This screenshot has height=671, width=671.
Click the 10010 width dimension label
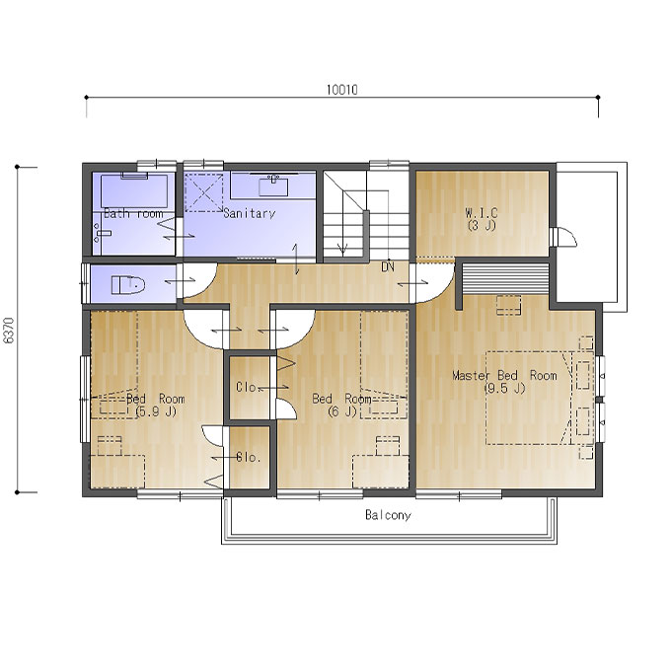[x=342, y=90]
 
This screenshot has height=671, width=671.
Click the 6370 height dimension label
[x=9, y=330]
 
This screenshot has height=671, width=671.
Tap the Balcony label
[x=388, y=515]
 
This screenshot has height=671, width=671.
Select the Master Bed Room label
[x=505, y=375]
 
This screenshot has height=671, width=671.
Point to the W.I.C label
[x=482, y=212]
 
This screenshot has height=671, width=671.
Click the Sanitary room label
[x=250, y=213]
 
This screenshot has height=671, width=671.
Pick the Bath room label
[x=133, y=213]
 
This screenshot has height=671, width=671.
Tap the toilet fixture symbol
[x=128, y=284]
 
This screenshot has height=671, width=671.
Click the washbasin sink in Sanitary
[x=273, y=186]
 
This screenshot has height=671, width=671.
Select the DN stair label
[x=388, y=267]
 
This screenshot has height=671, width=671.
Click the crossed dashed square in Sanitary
[x=203, y=192]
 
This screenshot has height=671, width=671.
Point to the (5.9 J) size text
[x=155, y=411]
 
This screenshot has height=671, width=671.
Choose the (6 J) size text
[x=342, y=411]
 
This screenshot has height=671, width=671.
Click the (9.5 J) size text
[x=505, y=388]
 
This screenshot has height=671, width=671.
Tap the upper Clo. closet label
[x=246, y=387]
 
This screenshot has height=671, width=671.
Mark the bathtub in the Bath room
[x=134, y=190]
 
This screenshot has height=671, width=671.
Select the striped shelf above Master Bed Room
[x=505, y=278]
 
